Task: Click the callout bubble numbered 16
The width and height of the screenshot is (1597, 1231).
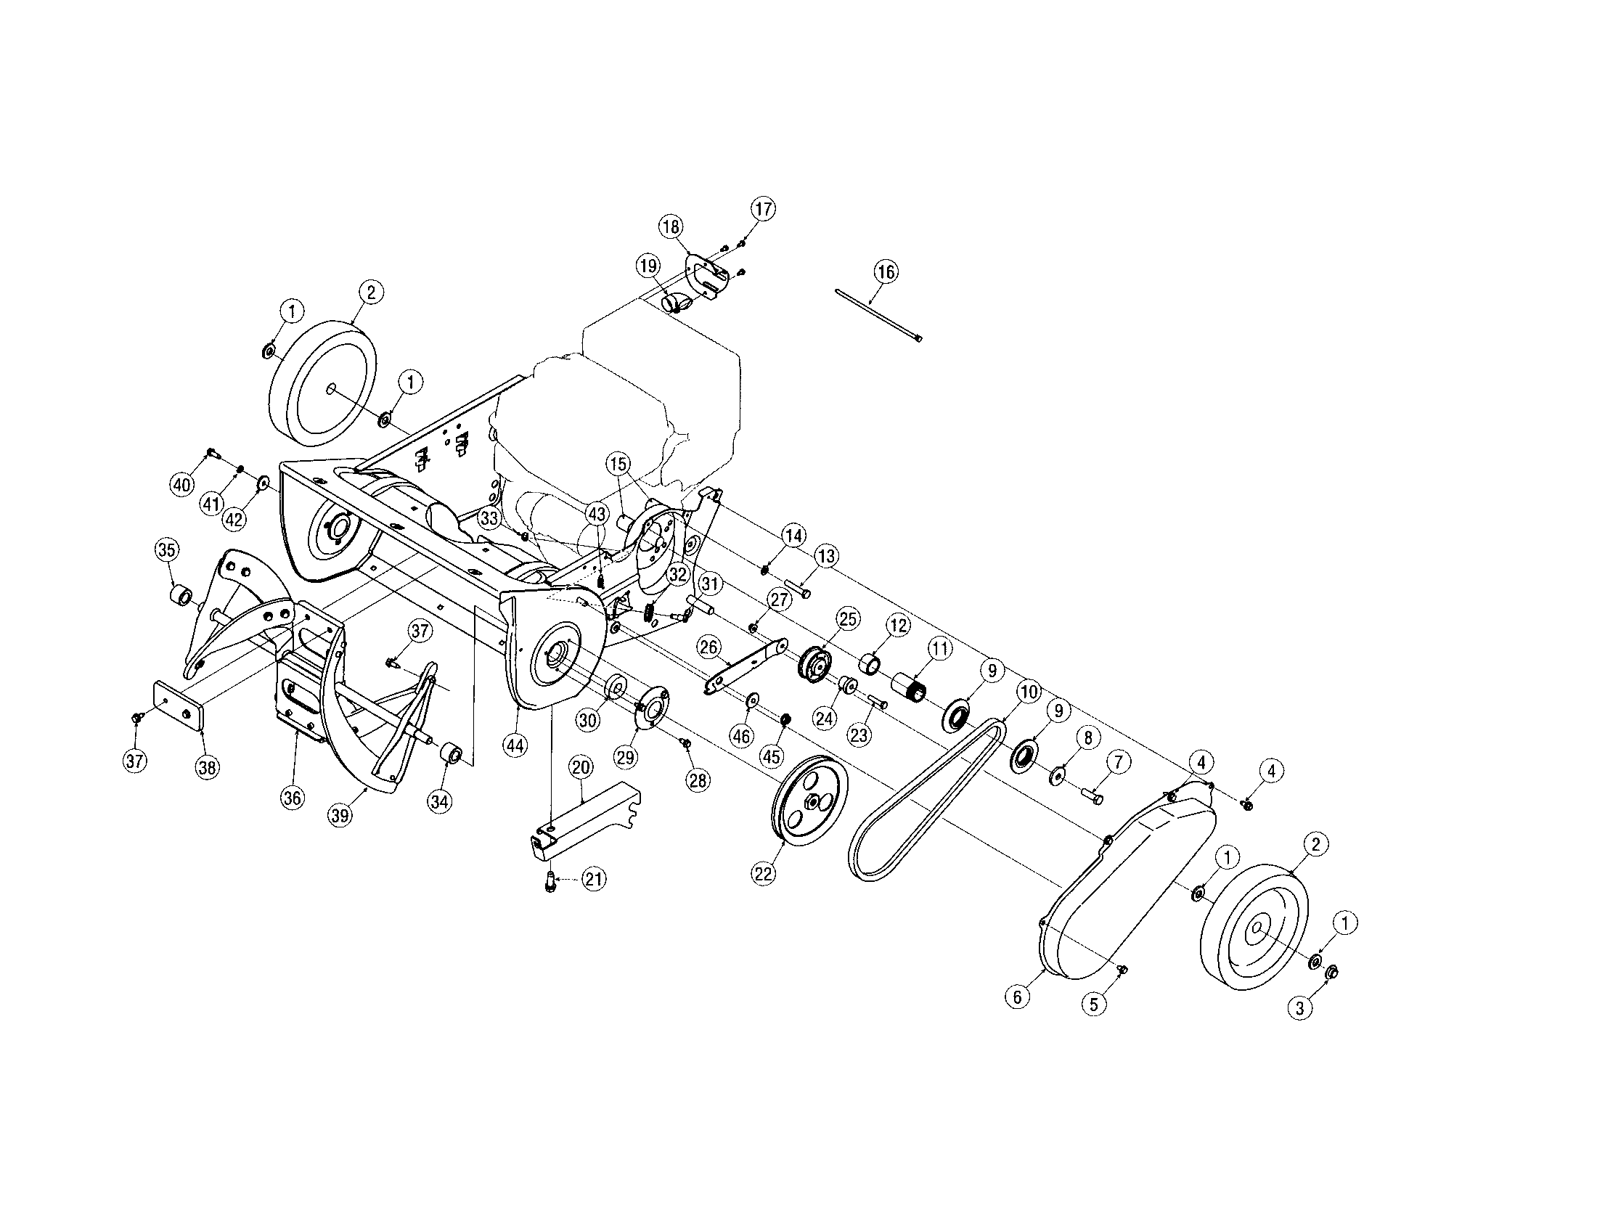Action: [x=886, y=272]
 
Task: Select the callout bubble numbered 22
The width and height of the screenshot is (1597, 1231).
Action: [x=764, y=874]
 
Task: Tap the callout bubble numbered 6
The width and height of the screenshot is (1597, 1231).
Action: [x=1018, y=997]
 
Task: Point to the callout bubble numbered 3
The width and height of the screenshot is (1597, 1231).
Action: [x=1299, y=1010]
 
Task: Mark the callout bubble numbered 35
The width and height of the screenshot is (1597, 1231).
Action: [x=167, y=549]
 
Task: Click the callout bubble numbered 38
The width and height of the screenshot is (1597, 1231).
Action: [x=208, y=767]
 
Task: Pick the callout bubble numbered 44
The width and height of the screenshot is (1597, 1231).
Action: [x=515, y=745]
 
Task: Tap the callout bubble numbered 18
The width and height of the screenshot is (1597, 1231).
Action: [x=671, y=226]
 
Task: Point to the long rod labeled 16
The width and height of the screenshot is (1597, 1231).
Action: [x=878, y=315]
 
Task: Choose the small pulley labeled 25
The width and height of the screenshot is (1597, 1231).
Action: [x=813, y=662]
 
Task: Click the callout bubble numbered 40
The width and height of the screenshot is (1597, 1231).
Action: [x=181, y=484]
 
